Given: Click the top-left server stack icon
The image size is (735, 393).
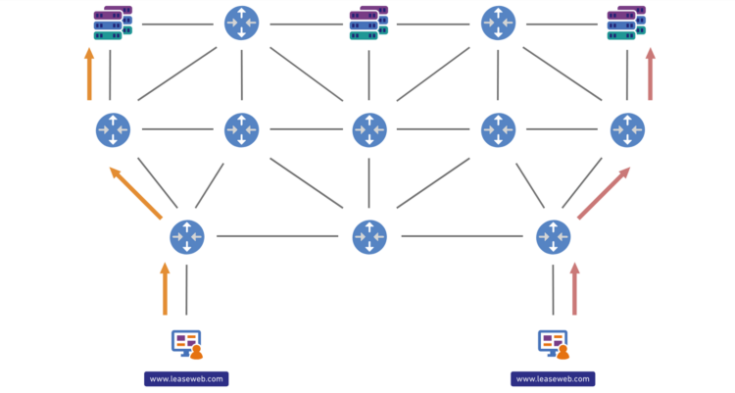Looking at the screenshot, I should click(112, 24).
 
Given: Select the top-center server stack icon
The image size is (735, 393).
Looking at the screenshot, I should click(368, 24).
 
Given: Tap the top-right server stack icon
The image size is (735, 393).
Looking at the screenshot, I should click(626, 24).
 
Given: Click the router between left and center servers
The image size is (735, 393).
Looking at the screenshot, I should click(241, 23).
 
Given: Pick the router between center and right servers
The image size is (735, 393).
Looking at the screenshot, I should click(498, 23).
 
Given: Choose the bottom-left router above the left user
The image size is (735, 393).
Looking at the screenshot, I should click(186, 236).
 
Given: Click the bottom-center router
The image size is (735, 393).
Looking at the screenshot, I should click(369, 236).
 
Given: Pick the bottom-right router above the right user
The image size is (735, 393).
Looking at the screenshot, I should click(554, 236).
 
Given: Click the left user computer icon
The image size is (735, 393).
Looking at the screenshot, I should click(186, 344).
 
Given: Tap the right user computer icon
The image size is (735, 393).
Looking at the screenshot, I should click(554, 344).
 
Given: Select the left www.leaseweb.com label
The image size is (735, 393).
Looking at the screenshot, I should click(186, 378).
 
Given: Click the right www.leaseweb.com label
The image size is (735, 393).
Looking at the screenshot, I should click(554, 378).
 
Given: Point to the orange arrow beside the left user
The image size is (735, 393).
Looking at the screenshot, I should click(165, 288).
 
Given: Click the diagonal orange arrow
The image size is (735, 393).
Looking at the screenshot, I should click(135, 193).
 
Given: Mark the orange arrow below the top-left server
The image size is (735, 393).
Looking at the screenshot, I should click(89, 74).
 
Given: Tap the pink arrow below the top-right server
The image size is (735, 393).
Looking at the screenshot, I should click(650, 74).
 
